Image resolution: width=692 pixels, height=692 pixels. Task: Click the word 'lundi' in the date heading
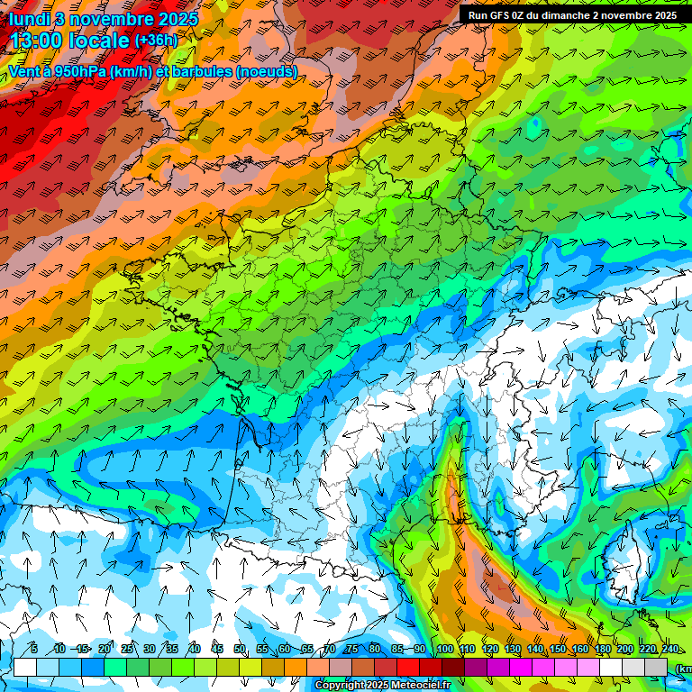[x=28, y=18]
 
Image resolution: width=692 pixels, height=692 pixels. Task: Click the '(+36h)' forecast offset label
[x=156, y=41]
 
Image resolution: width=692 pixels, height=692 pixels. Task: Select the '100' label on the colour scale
[x=444, y=650]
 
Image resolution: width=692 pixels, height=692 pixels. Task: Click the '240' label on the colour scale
[x=669, y=650]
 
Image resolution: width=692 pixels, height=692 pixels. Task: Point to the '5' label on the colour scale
[x=33, y=650]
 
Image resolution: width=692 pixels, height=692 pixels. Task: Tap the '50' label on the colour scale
[x=240, y=650]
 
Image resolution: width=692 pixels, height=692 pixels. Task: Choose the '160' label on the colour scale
[x=579, y=650]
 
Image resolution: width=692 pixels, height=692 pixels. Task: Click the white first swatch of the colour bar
[x=24, y=667]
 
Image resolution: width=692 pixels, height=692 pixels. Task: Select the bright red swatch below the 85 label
[x=408, y=667]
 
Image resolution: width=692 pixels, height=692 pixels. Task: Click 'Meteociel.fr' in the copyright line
[x=421, y=686]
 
